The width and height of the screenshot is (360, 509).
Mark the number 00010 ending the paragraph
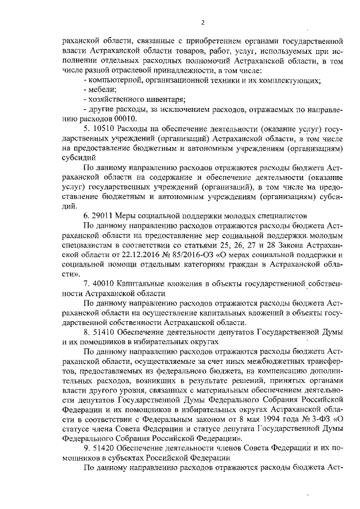122,119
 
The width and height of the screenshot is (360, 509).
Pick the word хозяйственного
115,100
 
